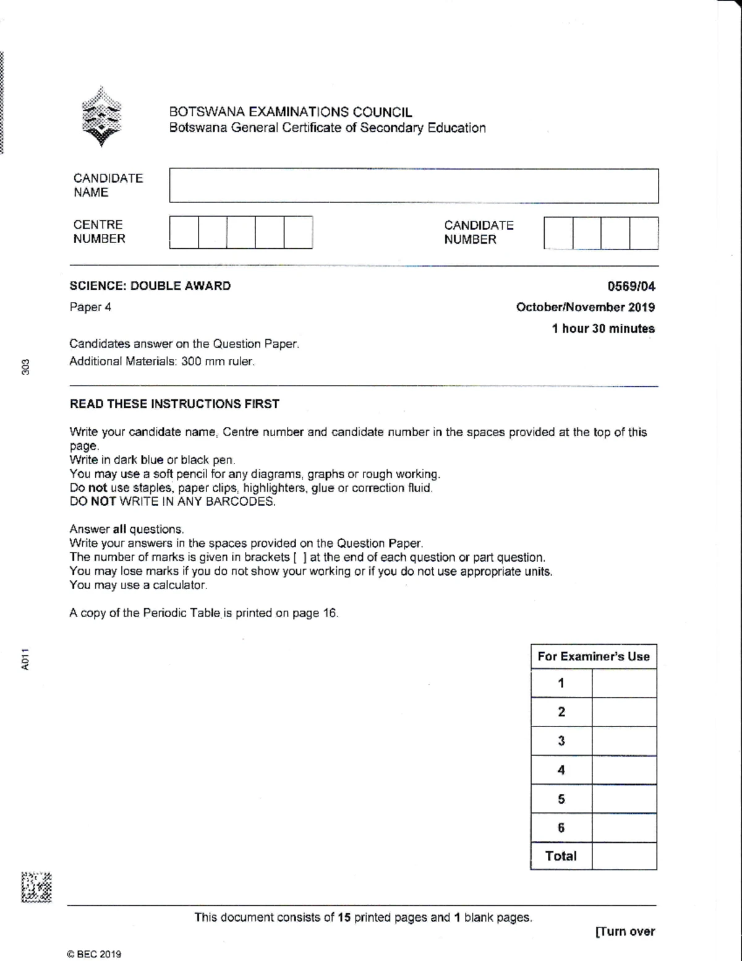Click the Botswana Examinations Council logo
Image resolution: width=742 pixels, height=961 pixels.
[x=102, y=118]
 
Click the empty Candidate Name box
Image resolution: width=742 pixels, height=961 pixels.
[x=414, y=186]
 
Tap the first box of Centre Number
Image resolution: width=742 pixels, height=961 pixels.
[x=184, y=233]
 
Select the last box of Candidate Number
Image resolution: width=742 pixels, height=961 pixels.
[x=644, y=233]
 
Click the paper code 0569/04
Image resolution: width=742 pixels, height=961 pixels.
[x=631, y=286]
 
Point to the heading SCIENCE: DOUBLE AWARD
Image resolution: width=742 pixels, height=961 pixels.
[x=150, y=286]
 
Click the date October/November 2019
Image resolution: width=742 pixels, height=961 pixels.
[x=585, y=307]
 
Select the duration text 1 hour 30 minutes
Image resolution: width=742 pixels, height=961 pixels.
[x=603, y=329]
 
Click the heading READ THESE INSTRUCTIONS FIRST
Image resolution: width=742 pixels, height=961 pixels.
[x=174, y=404]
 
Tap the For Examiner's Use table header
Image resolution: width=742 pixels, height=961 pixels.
[x=594, y=657]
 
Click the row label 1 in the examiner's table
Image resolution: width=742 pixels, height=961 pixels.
[x=561, y=683]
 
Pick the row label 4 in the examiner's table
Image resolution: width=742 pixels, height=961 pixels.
[x=561, y=770]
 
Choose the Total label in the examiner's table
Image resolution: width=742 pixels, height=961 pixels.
[x=561, y=856]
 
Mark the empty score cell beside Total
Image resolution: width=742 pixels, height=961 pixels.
[x=624, y=856]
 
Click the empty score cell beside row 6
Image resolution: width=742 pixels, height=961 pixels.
[x=624, y=827]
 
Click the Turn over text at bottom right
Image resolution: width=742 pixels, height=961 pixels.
[x=625, y=931]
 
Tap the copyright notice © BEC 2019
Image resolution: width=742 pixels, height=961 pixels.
[x=95, y=954]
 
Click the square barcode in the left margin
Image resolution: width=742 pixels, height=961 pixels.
[x=36, y=888]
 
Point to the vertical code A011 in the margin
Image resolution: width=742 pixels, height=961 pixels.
[x=25, y=659]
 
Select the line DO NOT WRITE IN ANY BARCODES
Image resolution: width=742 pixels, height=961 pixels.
[x=173, y=502]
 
